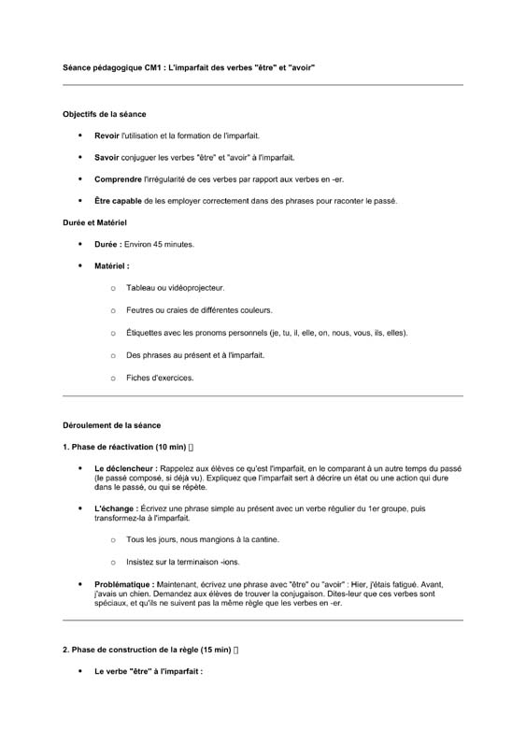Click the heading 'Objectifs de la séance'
coord(104,114)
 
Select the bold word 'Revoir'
coord(107,136)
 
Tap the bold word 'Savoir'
coord(107,157)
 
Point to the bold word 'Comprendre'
coord(118,179)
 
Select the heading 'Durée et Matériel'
coord(94,222)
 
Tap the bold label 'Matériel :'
coord(112,265)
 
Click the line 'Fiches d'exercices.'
coord(160,378)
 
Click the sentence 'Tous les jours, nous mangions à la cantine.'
coord(203,539)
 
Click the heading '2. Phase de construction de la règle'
coord(145,650)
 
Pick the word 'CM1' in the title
coord(155,68)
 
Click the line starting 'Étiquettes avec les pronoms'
coord(266,333)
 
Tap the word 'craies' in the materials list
coord(186,310)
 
